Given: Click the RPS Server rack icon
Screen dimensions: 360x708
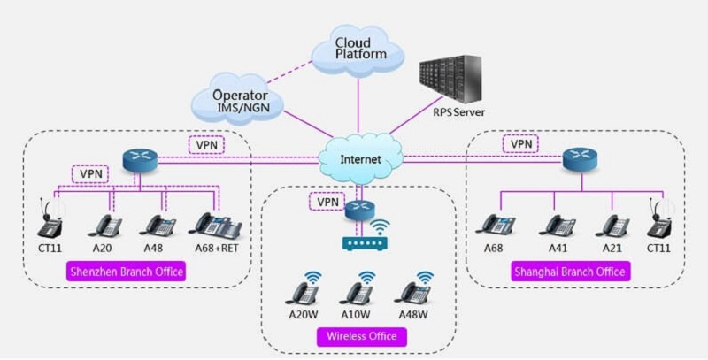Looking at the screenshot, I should (x=452, y=80).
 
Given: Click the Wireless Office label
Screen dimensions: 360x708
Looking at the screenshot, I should (x=361, y=336).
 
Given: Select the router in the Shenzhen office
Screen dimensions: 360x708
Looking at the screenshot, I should (x=138, y=160).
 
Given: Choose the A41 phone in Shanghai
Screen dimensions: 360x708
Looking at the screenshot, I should (x=558, y=225).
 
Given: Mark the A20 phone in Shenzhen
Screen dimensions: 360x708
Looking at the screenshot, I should (x=108, y=225).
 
